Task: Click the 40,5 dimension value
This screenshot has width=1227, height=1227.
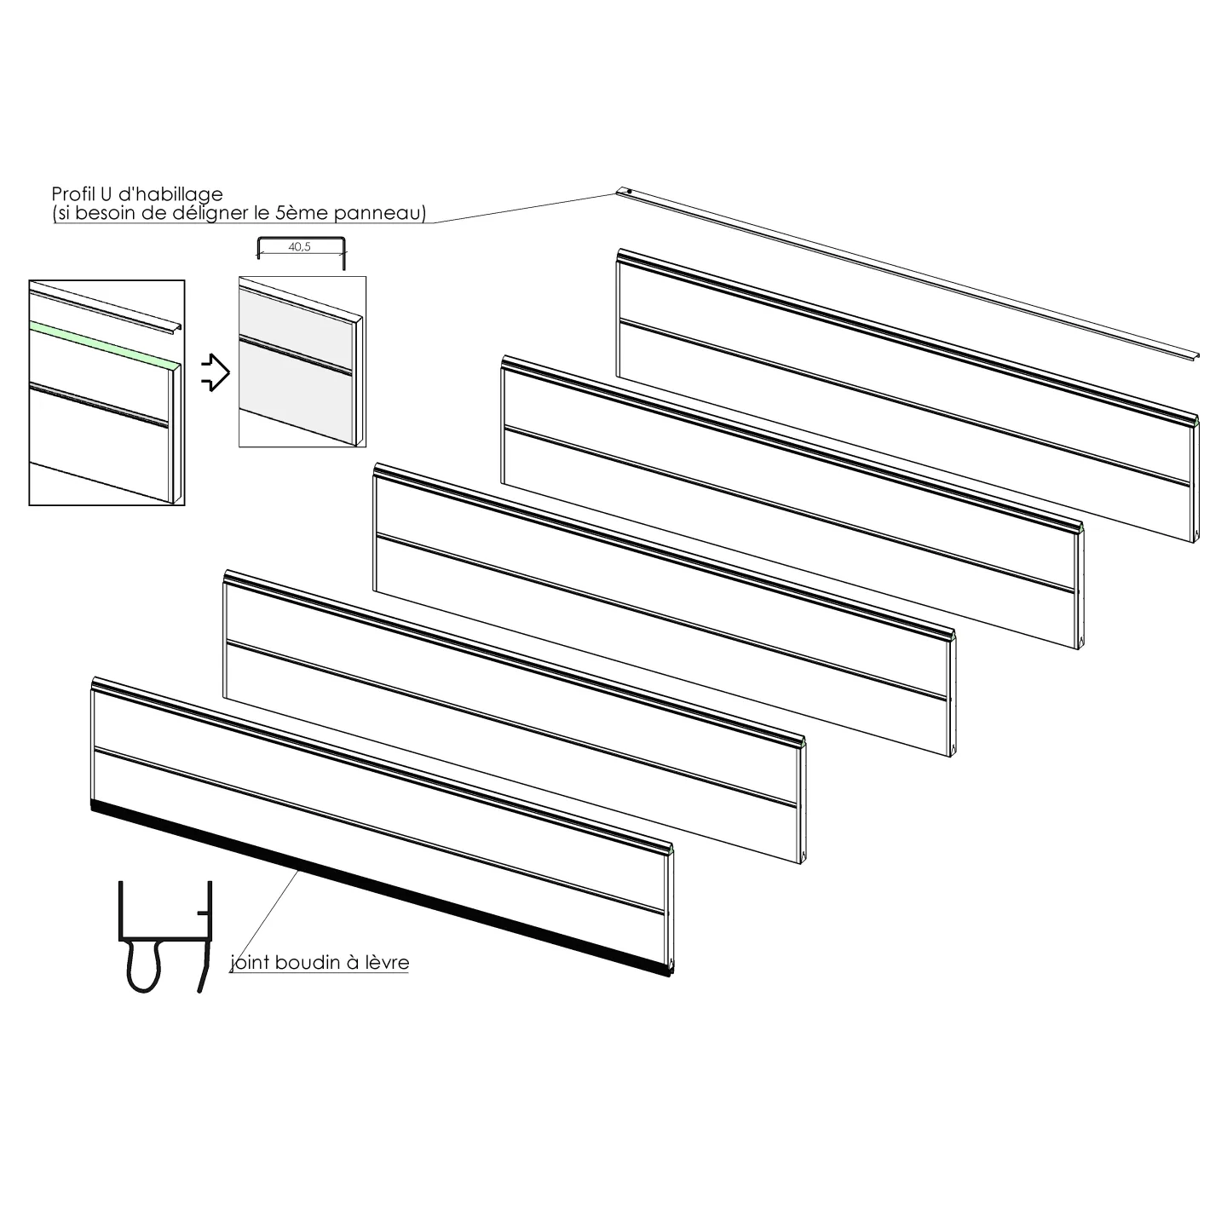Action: tap(299, 246)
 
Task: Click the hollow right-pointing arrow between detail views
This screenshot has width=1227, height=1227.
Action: tap(216, 372)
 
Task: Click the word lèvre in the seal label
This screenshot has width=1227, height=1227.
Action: tap(387, 962)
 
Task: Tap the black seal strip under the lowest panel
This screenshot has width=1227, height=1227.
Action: tap(381, 889)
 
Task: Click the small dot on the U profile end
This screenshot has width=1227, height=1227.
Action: tap(629, 190)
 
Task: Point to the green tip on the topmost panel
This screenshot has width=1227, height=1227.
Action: tap(1197, 419)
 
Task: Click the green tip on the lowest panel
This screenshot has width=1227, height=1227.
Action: tap(671, 848)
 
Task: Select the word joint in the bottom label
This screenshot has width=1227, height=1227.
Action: tap(250, 963)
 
